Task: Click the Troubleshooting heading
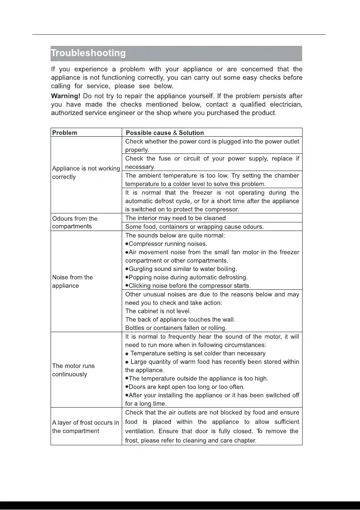(x=88, y=54)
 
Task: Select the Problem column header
(x=65, y=132)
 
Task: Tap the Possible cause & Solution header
(x=165, y=132)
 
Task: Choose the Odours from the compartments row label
(x=75, y=222)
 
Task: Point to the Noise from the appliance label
(x=72, y=282)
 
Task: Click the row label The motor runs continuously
(x=73, y=370)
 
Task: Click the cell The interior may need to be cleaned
(x=175, y=218)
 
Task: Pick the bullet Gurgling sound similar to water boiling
(x=181, y=269)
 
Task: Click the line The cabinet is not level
(x=158, y=311)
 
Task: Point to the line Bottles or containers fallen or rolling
(x=176, y=328)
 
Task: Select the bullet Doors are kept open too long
(x=185, y=387)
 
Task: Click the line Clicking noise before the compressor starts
(x=188, y=285)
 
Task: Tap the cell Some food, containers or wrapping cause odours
(x=194, y=226)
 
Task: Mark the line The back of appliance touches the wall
(x=180, y=319)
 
